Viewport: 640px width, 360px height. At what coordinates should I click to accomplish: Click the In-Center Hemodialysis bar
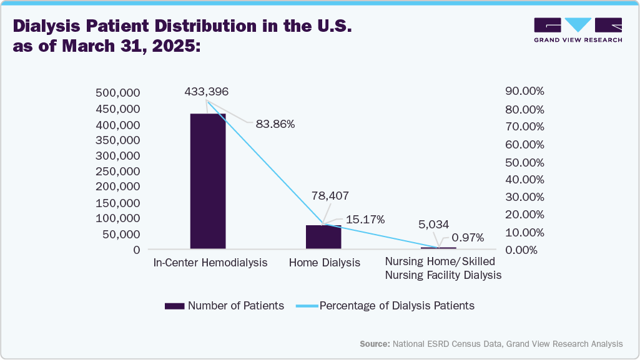(208, 181)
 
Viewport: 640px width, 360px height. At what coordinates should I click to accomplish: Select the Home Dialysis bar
(323, 237)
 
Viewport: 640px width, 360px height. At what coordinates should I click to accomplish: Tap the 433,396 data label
(207, 92)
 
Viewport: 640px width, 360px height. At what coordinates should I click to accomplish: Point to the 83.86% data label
(275, 124)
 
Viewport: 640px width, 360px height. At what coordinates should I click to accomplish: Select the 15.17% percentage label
(365, 220)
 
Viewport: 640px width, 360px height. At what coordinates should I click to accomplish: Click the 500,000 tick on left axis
(117, 94)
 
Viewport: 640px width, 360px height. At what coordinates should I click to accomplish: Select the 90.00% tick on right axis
(524, 91)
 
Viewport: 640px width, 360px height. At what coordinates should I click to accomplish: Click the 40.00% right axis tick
(524, 180)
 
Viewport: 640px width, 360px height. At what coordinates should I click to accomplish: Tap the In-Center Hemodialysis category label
(210, 263)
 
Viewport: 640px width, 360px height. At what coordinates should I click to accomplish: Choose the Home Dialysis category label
(325, 263)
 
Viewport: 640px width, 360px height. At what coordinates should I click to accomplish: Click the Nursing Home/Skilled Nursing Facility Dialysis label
(443, 268)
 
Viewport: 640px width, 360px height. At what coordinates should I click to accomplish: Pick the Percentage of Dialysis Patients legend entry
(396, 306)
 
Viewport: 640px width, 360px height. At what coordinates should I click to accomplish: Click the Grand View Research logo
(578, 29)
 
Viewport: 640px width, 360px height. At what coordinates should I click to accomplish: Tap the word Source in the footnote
(374, 344)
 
